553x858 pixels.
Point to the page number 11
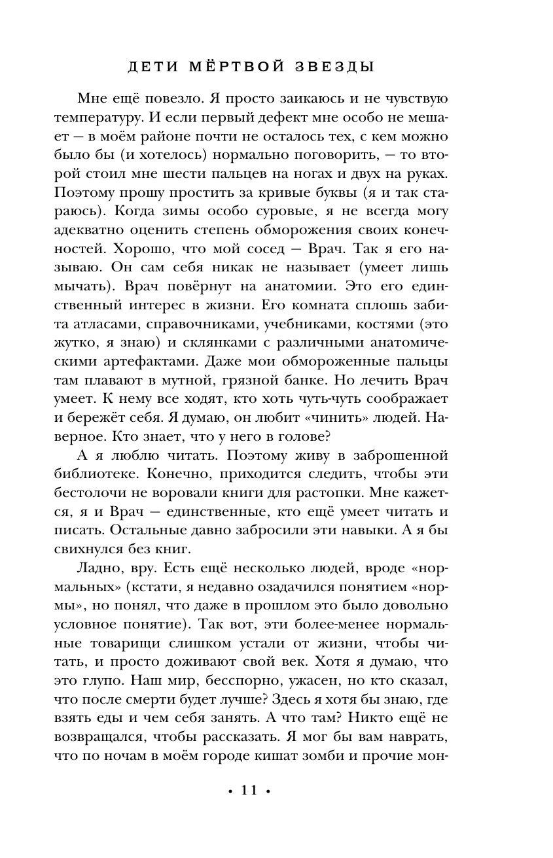tap(249, 791)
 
